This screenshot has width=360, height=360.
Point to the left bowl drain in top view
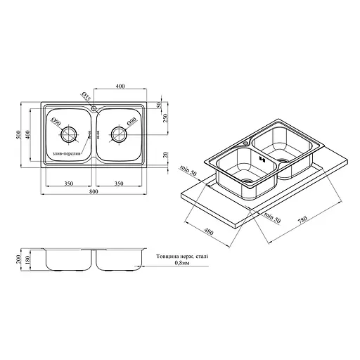(x=69, y=134)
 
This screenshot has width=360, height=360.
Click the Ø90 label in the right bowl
(x=132, y=122)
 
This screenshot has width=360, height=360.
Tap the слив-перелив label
(x=67, y=153)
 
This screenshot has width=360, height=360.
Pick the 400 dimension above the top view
(x=120, y=86)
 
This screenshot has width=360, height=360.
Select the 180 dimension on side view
(x=29, y=260)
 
